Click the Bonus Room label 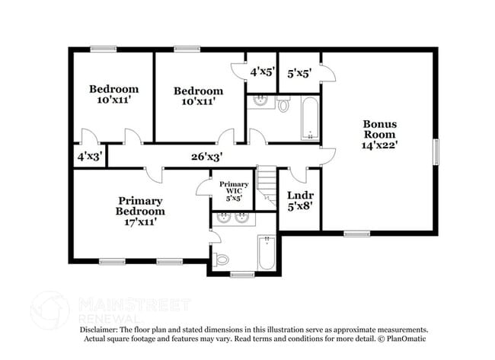click(379, 132)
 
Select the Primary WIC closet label click(234, 191)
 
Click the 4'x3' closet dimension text click(90, 158)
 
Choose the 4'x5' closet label click(261, 72)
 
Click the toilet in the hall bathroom click(283, 105)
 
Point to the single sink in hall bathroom click(260, 102)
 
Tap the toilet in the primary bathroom click(222, 260)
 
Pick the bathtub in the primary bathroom click(266, 253)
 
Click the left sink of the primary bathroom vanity click(223, 218)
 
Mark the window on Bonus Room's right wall click(437, 151)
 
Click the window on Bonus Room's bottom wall click(355, 233)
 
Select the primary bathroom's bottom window click(242, 274)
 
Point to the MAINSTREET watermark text click(134, 304)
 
